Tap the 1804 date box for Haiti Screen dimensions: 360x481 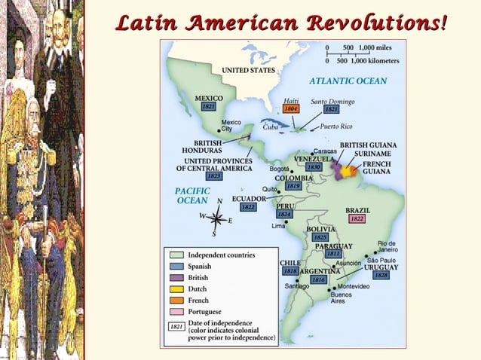(x=291, y=108)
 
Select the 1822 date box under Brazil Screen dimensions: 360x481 (x=357, y=218)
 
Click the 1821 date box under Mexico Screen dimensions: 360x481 (x=209, y=107)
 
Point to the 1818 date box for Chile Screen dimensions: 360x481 (x=290, y=270)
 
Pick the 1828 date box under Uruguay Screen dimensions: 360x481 (x=381, y=275)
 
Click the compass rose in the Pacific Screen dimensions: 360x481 (x=216, y=218)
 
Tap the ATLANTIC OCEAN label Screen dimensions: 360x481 (x=348, y=81)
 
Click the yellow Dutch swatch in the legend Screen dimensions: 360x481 (x=177, y=288)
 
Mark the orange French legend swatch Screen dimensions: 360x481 (x=177, y=300)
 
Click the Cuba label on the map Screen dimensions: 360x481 (x=271, y=127)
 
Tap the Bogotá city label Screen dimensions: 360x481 (x=280, y=169)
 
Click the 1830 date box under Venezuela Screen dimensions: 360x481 (x=314, y=167)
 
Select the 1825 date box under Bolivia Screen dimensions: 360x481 (x=320, y=237)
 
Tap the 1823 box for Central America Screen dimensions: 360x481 (x=214, y=175)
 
